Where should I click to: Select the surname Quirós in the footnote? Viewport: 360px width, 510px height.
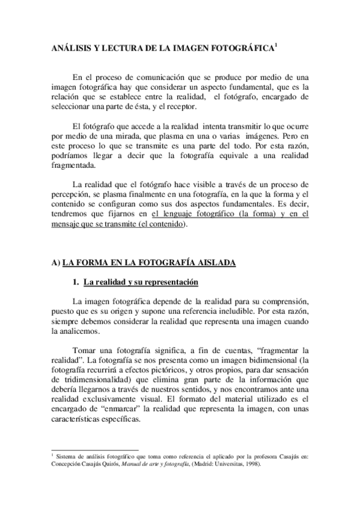click(121, 465)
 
